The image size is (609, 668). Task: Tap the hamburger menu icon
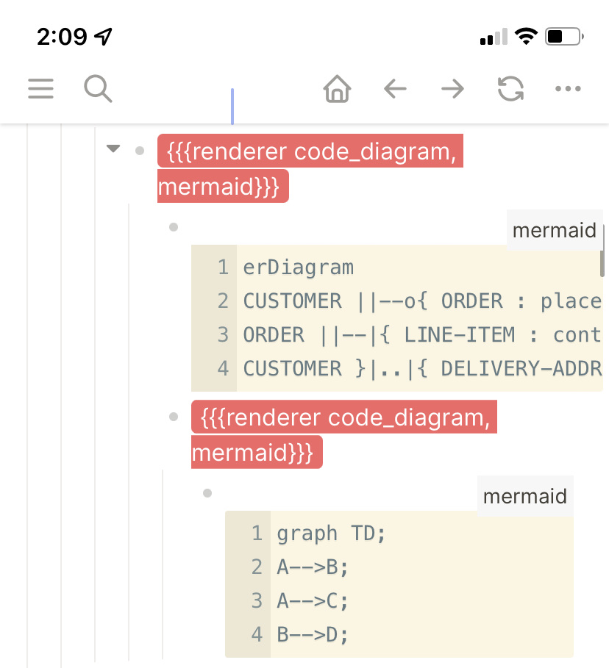[41, 89]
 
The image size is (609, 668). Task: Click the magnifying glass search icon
[97, 89]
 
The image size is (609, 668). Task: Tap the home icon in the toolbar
[337, 90]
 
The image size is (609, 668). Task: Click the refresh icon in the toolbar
[510, 90]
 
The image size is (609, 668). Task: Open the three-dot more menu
[568, 90]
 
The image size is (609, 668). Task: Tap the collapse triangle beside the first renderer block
[113, 149]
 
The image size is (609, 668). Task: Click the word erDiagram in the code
[298, 267]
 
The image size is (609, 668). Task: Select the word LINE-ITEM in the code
[460, 335]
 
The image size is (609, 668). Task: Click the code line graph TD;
[331, 534]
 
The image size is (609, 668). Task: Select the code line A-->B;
[312, 567]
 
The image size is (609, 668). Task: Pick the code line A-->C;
[312, 601]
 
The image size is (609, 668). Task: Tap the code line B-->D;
[312, 635]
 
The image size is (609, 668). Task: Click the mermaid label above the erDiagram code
[554, 231]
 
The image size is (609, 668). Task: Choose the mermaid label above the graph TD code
[524, 497]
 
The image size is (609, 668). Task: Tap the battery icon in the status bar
[564, 36]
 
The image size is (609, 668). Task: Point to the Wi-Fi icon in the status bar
[526, 36]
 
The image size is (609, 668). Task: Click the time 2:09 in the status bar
[62, 37]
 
